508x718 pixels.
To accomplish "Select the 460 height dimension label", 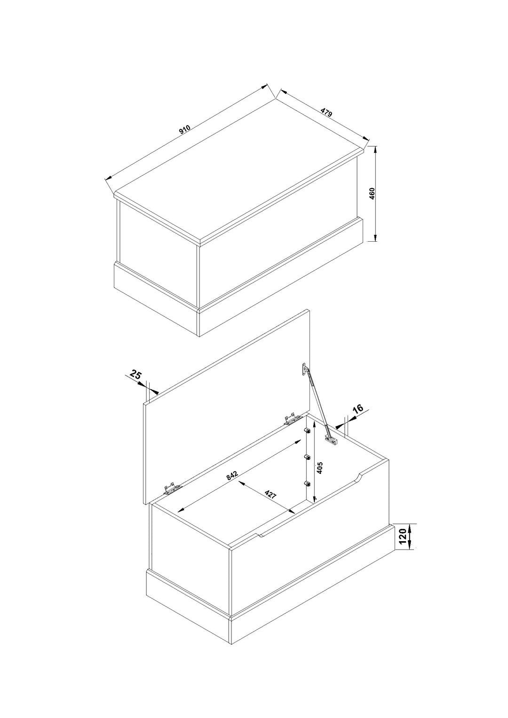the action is tap(372, 194).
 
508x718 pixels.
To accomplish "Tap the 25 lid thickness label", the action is tap(135, 374).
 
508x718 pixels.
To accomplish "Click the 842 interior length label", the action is tap(232, 476).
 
